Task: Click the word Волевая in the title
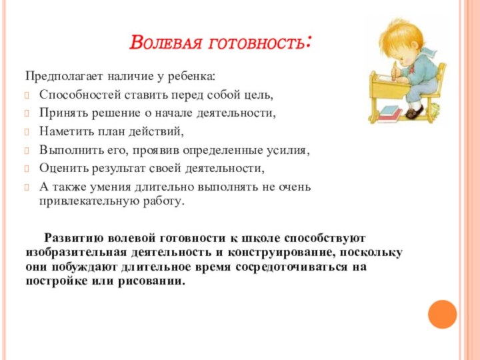(x=166, y=45)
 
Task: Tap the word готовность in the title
(x=260, y=45)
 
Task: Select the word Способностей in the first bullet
(x=77, y=94)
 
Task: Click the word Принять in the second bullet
(x=61, y=113)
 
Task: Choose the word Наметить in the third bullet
(x=65, y=131)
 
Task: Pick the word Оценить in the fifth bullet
(x=63, y=169)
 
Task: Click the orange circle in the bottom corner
(x=442, y=314)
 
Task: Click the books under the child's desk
(x=389, y=114)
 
